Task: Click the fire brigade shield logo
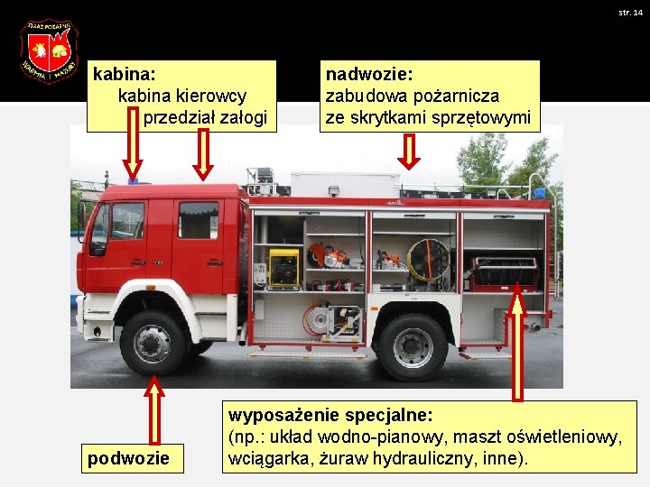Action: point(49,51)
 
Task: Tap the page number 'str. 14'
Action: point(630,13)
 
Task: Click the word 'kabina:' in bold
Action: point(125,72)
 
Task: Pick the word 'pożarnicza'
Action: point(460,95)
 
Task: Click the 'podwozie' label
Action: point(128,458)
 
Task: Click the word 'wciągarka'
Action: point(268,458)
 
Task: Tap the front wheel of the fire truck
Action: point(153,343)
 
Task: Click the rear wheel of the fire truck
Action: point(413,346)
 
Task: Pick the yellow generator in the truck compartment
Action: point(284,268)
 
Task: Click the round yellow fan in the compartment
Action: point(428,260)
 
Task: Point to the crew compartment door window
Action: point(198,220)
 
